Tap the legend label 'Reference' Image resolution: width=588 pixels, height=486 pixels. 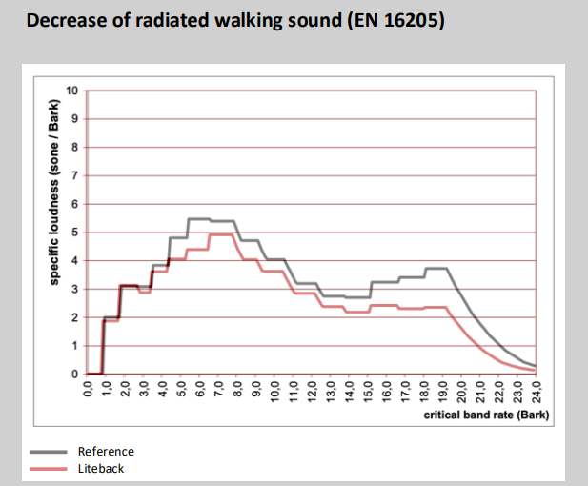pos(107,451)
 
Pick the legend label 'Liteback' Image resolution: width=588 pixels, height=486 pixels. pos(102,469)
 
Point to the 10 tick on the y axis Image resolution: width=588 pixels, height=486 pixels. pos(72,91)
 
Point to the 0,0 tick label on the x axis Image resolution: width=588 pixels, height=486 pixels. pos(88,391)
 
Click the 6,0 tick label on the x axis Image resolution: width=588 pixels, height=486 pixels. pos(200,391)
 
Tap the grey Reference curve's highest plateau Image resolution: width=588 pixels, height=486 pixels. pos(198,219)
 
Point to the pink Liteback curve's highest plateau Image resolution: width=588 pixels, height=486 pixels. pos(221,234)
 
